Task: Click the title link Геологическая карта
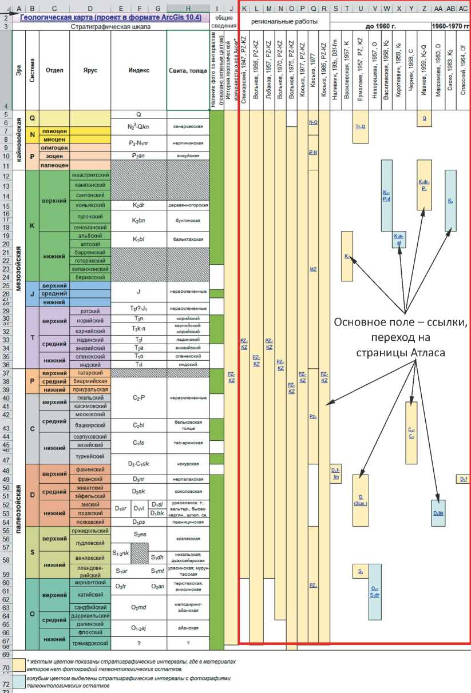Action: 110,18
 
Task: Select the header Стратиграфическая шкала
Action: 110,26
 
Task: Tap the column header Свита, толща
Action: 188,70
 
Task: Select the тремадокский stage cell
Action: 90,643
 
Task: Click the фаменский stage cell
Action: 90,470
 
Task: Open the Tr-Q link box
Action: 361,126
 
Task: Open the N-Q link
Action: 313,122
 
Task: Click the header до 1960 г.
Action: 381,26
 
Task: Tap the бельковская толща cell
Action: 188,425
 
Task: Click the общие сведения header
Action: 223,22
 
